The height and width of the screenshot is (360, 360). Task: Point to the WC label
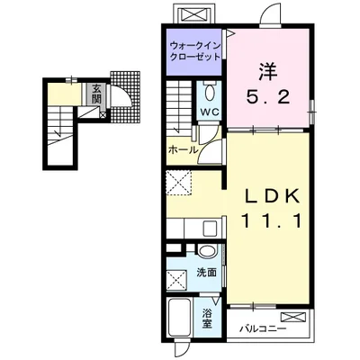click(x=209, y=112)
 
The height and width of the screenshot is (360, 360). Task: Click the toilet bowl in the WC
click(x=209, y=94)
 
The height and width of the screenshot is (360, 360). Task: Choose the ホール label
click(x=183, y=150)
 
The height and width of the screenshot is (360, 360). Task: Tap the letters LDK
click(x=266, y=196)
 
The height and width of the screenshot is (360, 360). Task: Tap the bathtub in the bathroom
click(x=180, y=318)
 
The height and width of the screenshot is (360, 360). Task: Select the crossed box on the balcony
click(x=293, y=317)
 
